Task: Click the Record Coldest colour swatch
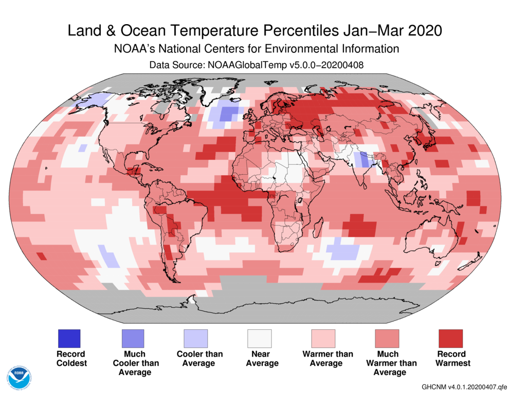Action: pos(69,339)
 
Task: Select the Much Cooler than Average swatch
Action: pos(133,339)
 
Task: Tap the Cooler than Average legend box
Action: pos(196,339)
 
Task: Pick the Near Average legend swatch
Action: pos(260,339)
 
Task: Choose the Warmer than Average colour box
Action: pos(323,339)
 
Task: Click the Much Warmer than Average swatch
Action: pos(387,339)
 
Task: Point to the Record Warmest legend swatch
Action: pos(450,339)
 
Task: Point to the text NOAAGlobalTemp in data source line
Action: pos(240,65)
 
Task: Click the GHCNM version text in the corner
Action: pos(464,386)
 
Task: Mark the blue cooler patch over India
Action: pos(364,160)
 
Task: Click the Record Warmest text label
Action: pos(450,359)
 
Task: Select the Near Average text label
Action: pos(260,359)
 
